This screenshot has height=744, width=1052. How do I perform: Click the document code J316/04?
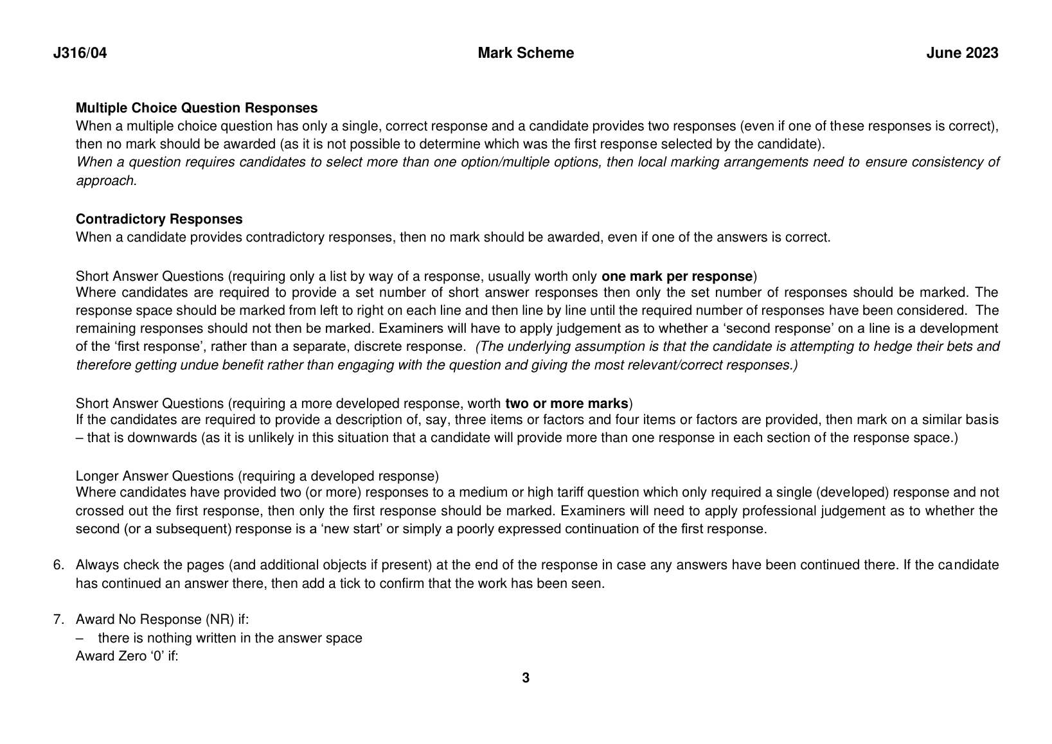tap(80, 53)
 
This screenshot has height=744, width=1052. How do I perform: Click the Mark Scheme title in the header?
tap(526, 53)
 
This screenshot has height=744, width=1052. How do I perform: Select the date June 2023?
tap(962, 53)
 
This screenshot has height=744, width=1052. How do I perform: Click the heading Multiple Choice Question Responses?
tap(197, 108)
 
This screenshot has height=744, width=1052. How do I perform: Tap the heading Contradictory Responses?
tap(159, 219)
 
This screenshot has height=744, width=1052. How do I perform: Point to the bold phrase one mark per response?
tap(677, 276)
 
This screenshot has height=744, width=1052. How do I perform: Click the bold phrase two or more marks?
tap(566, 403)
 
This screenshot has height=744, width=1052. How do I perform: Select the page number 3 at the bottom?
tap(526, 678)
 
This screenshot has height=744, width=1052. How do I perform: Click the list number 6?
tap(58, 565)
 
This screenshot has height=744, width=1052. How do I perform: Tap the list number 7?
tap(58, 619)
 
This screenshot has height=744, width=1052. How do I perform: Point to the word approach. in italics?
tap(107, 181)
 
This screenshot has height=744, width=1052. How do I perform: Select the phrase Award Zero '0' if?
tap(127, 657)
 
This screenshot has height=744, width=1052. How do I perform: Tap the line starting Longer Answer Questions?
tap(257, 476)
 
